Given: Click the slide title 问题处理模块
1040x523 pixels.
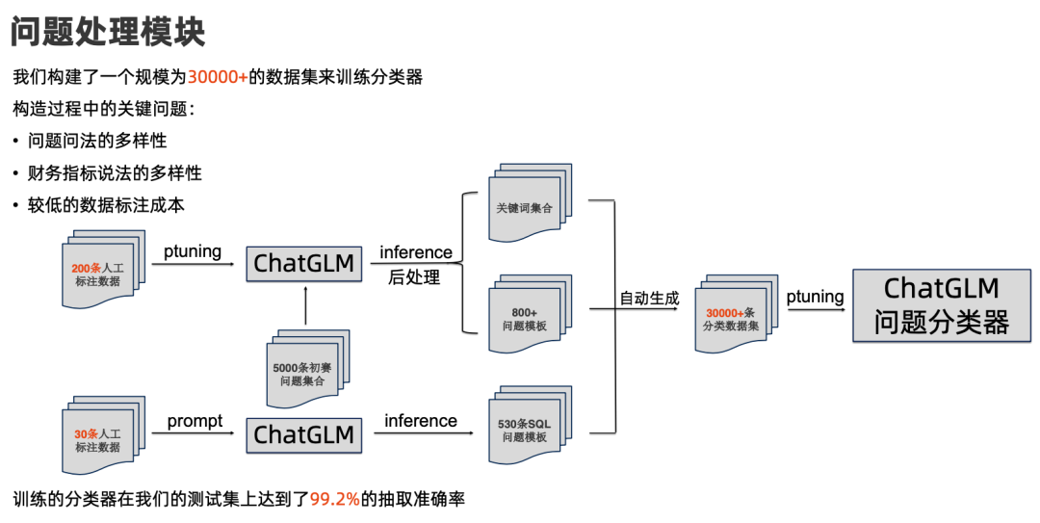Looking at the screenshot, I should point(108,32).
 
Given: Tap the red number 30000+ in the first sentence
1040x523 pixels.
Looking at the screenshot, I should point(217,77).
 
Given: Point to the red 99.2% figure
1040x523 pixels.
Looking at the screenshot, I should point(334,499).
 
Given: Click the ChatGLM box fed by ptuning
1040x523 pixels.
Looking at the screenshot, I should point(303,262).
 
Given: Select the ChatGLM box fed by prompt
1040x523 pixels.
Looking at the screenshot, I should point(303,435).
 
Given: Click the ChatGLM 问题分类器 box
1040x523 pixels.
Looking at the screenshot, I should point(941,305).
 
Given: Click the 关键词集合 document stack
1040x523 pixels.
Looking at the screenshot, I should point(525,204).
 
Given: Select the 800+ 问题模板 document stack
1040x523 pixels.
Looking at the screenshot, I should point(525,316).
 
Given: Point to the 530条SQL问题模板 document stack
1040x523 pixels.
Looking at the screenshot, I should point(525,427).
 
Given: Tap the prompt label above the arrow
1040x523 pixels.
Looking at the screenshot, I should point(195,421).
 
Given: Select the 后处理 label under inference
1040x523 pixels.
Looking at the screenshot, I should point(414,277).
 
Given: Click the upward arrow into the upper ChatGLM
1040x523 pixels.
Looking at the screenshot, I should point(304,306).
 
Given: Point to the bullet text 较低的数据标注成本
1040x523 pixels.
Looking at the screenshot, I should point(106,205).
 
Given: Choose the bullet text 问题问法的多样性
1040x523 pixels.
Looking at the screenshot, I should point(97,141).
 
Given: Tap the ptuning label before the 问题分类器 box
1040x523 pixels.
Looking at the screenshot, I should point(815,297).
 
